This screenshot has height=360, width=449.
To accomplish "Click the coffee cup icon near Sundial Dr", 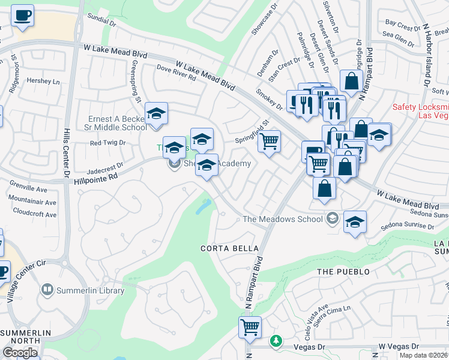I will click(22, 16).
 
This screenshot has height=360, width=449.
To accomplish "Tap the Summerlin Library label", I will click(90, 291).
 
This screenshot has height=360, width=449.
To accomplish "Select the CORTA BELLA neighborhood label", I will click(230, 248).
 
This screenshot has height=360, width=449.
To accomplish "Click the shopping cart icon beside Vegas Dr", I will click(250, 328).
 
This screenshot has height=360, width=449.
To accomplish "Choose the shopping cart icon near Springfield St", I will click(270, 142).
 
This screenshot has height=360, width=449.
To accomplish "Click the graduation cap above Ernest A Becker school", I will click(156, 113).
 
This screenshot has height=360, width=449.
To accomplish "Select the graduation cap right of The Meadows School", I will click(355, 223).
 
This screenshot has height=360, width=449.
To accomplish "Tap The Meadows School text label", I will click(282, 219).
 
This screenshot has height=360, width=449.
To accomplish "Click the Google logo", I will click(20, 353).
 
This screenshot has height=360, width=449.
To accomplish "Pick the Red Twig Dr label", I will click(107, 143).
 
